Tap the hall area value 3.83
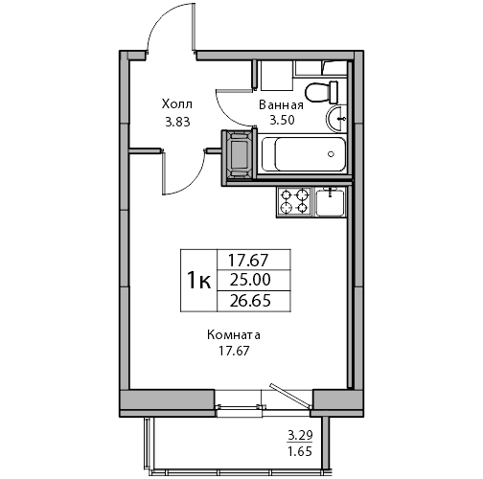177,122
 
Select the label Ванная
281,104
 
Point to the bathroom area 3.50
282,121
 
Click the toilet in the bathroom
321,92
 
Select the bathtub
304,154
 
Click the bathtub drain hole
331,154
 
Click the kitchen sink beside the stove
331,201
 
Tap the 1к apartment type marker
198,281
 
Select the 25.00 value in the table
250,280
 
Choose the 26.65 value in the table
250,301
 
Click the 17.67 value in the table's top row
247,261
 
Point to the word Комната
234,335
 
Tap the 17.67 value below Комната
234,351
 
